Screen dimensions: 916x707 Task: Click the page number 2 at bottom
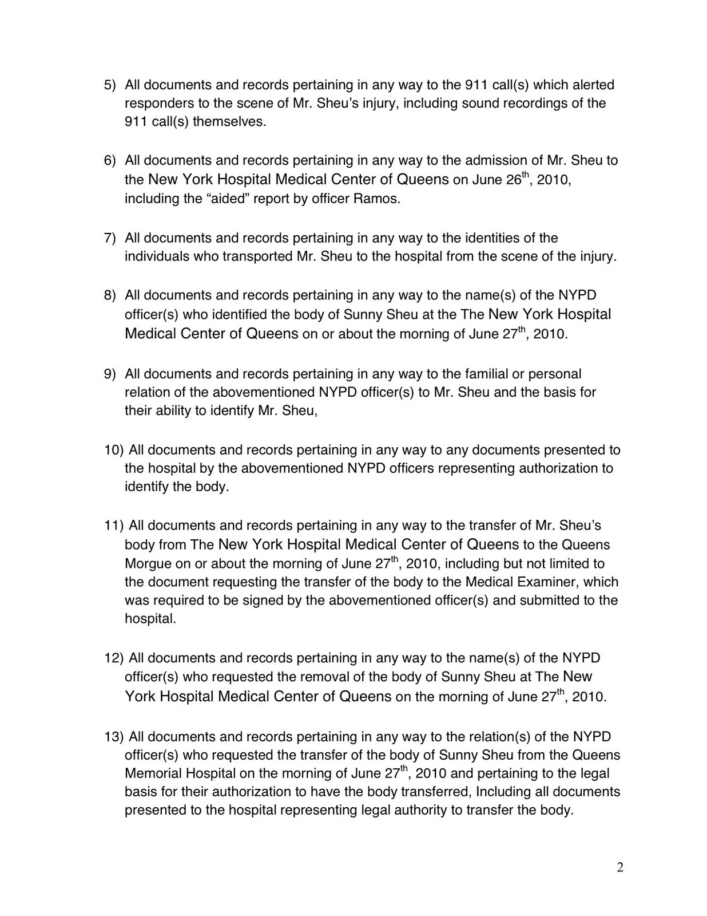coord(620,868)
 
